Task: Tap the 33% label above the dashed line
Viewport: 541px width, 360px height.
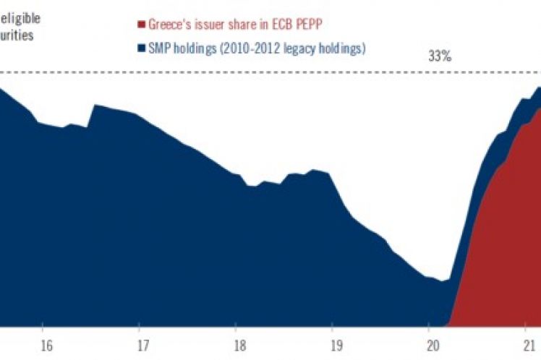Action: click(x=440, y=57)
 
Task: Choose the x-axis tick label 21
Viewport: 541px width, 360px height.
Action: click(x=527, y=345)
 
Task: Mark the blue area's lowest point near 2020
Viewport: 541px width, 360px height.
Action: click(x=441, y=280)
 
